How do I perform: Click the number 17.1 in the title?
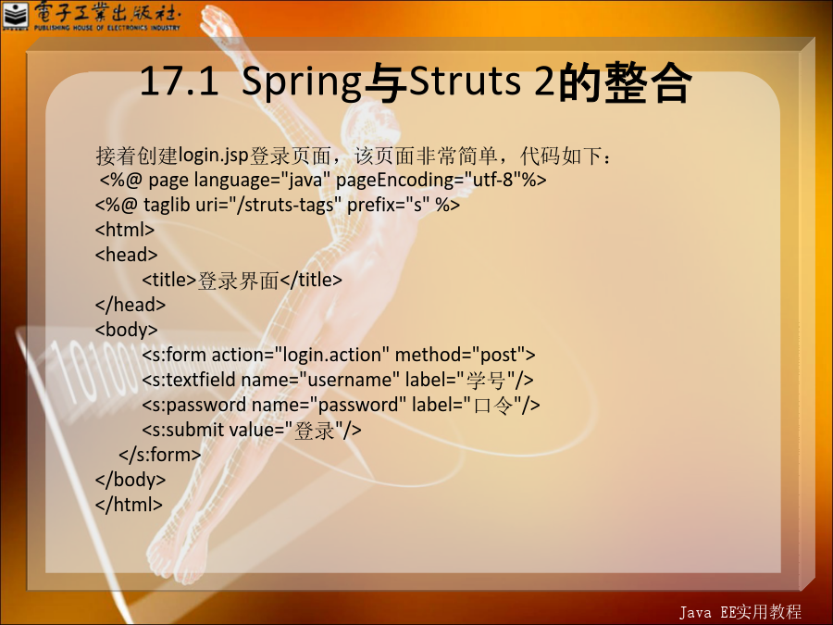click(179, 81)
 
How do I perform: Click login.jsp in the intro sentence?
click(214, 156)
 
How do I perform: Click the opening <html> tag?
click(125, 230)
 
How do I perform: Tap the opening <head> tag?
click(127, 255)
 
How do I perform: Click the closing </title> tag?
click(311, 280)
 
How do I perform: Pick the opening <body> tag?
click(127, 330)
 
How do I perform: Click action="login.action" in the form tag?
click(300, 355)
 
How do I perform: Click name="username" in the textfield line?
click(320, 380)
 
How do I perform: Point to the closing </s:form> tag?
click(160, 455)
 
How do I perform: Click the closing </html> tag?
click(129, 505)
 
